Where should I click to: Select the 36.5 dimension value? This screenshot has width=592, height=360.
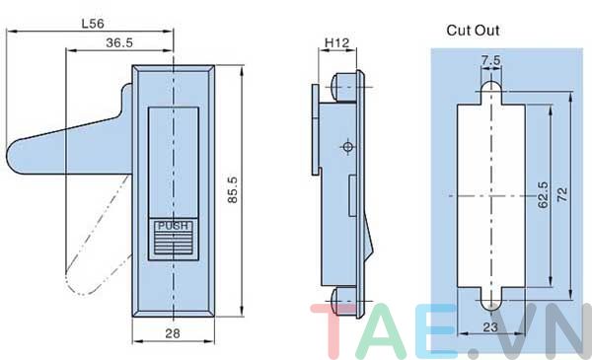(119, 42)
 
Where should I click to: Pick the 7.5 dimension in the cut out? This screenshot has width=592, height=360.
(490, 61)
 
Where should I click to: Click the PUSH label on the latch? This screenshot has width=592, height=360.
(173, 226)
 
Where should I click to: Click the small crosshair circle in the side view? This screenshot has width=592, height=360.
(346, 147)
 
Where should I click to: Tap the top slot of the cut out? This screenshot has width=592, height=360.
(490, 92)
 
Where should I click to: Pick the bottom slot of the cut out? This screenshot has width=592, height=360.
(490, 298)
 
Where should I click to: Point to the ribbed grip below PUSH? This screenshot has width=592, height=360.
(173, 245)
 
